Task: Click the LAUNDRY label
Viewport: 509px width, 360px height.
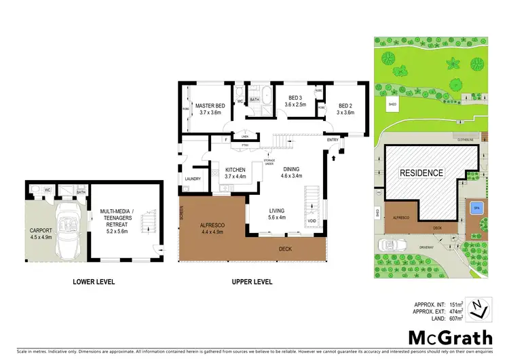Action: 193,179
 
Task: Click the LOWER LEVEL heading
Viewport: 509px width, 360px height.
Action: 94,281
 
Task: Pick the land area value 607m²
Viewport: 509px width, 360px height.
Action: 457,317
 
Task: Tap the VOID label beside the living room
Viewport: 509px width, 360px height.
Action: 312,221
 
